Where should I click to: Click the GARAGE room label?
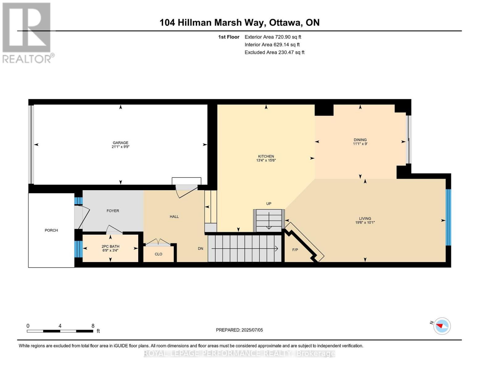[x=120, y=143]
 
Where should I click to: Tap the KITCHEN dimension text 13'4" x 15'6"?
[x=266, y=160]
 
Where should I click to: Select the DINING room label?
[x=360, y=140]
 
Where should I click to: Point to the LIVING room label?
[x=365, y=218]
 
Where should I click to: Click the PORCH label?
[x=51, y=230]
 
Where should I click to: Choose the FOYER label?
[x=113, y=211]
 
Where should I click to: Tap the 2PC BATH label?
[x=110, y=246]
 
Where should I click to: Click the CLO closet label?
[x=158, y=254]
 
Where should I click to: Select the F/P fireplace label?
[x=295, y=250]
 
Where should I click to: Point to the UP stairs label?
[x=269, y=203]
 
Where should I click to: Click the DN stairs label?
[x=200, y=249]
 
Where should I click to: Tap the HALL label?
[x=174, y=216]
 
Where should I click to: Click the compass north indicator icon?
[x=442, y=326]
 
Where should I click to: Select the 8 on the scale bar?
[x=93, y=326]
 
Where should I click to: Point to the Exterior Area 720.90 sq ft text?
[x=273, y=37]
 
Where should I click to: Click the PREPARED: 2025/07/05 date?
[x=239, y=330]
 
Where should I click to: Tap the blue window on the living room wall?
[x=448, y=217]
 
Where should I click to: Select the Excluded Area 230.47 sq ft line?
[x=274, y=52]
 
